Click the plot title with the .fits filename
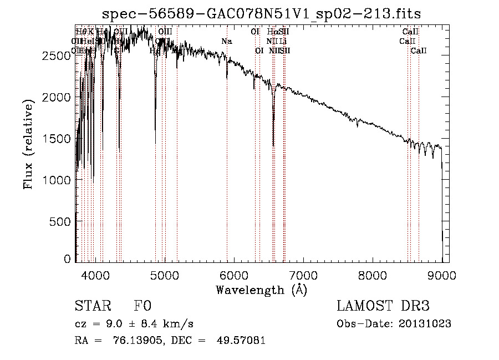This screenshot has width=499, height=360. click(x=266, y=14)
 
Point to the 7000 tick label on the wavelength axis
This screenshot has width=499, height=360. click(x=303, y=274)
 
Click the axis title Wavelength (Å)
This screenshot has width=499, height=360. click(x=261, y=290)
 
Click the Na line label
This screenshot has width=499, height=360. click(x=226, y=42)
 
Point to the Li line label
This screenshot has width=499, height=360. click(x=283, y=42)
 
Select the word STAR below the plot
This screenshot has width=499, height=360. click(x=92, y=306)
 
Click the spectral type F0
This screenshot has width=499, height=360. click(x=142, y=306)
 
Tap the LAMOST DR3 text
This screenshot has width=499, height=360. click(x=383, y=306)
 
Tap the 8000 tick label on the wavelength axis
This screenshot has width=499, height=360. click(x=372, y=274)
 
